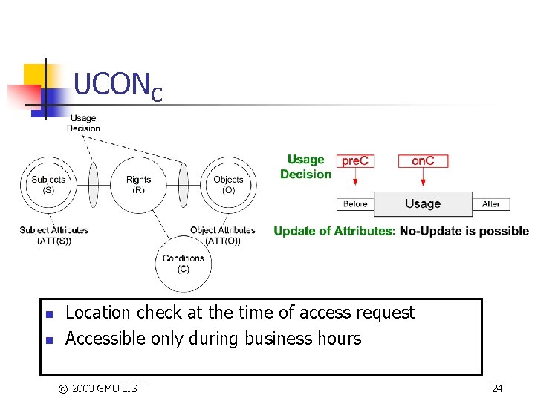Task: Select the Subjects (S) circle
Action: [x=48, y=184]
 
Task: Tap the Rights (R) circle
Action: [x=138, y=184]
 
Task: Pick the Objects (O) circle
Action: [x=228, y=184]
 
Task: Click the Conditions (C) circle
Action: [x=183, y=264]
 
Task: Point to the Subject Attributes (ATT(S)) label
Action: [x=53, y=235]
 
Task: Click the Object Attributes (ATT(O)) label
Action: [x=222, y=235]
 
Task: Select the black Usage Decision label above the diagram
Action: [x=83, y=123]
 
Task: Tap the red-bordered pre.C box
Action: [x=355, y=161]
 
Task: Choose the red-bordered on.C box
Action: [x=423, y=161]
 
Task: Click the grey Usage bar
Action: [x=423, y=203]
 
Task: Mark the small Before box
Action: [x=355, y=203]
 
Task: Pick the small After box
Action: [x=491, y=203]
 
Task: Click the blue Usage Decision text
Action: [x=305, y=166]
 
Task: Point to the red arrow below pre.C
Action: [x=355, y=177]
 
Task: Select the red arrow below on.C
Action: [x=423, y=177]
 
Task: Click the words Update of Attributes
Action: [x=334, y=231]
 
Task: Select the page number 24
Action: [x=497, y=388]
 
